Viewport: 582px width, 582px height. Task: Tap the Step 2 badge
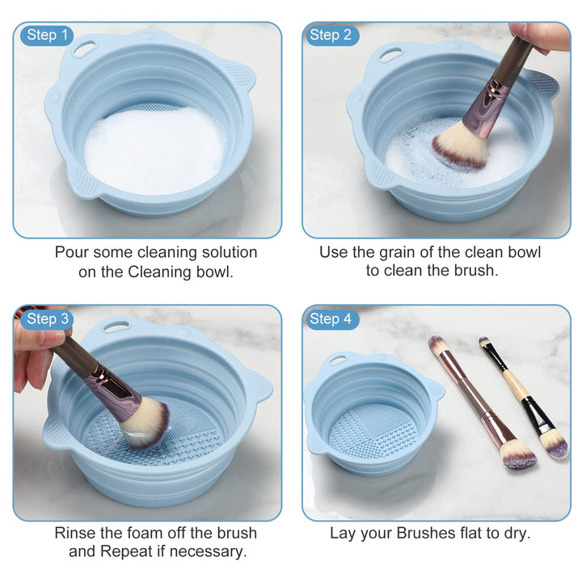[330, 35]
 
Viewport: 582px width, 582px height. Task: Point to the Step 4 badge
[330, 318]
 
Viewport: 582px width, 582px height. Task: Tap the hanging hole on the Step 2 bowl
[390, 55]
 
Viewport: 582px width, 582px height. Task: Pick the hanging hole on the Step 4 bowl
[337, 360]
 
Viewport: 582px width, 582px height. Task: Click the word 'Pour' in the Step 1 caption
[71, 252]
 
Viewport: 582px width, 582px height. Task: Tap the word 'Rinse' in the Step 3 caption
[75, 533]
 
